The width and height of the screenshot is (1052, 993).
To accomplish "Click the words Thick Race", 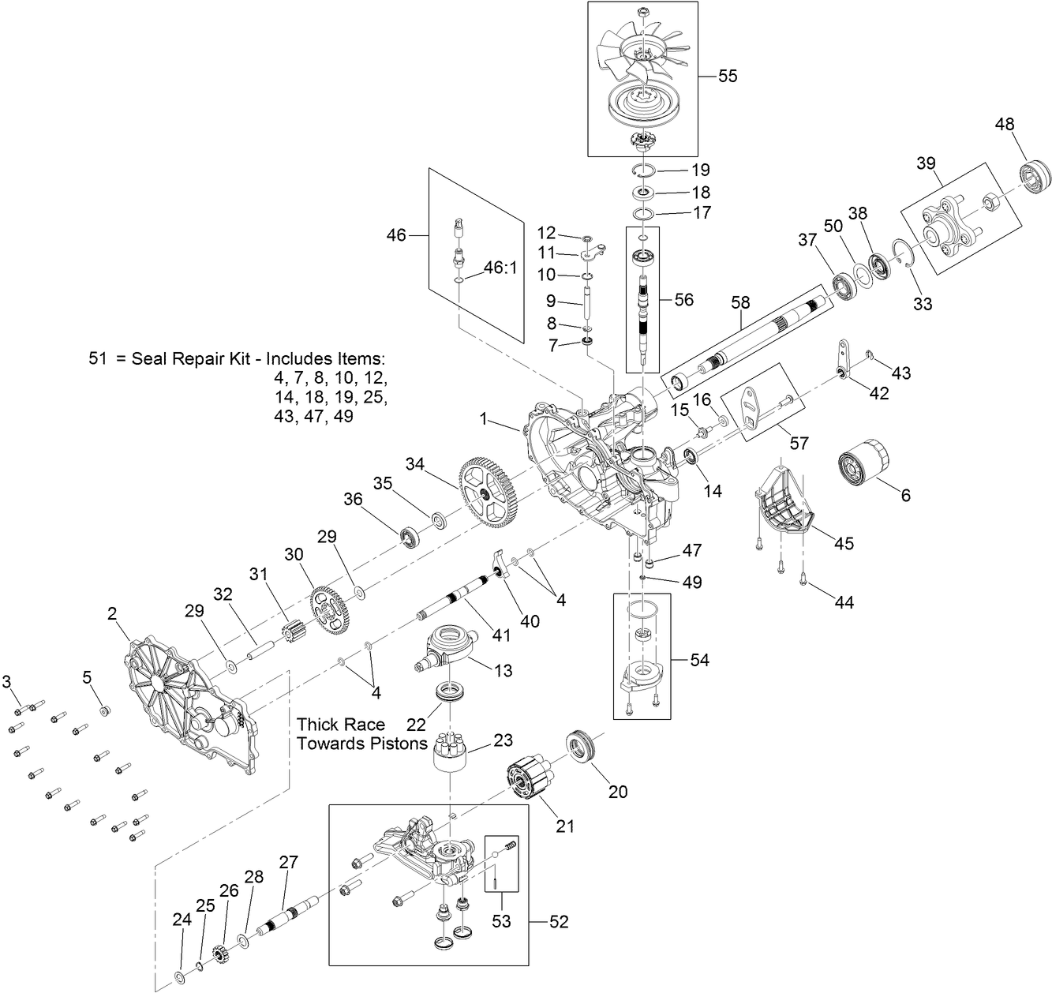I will (x=341, y=725).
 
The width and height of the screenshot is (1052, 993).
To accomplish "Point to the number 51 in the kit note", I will (x=98, y=358).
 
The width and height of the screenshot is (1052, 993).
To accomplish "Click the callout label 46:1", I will (x=499, y=267).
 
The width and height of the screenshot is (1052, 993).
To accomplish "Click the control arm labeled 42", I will (x=842, y=358).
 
